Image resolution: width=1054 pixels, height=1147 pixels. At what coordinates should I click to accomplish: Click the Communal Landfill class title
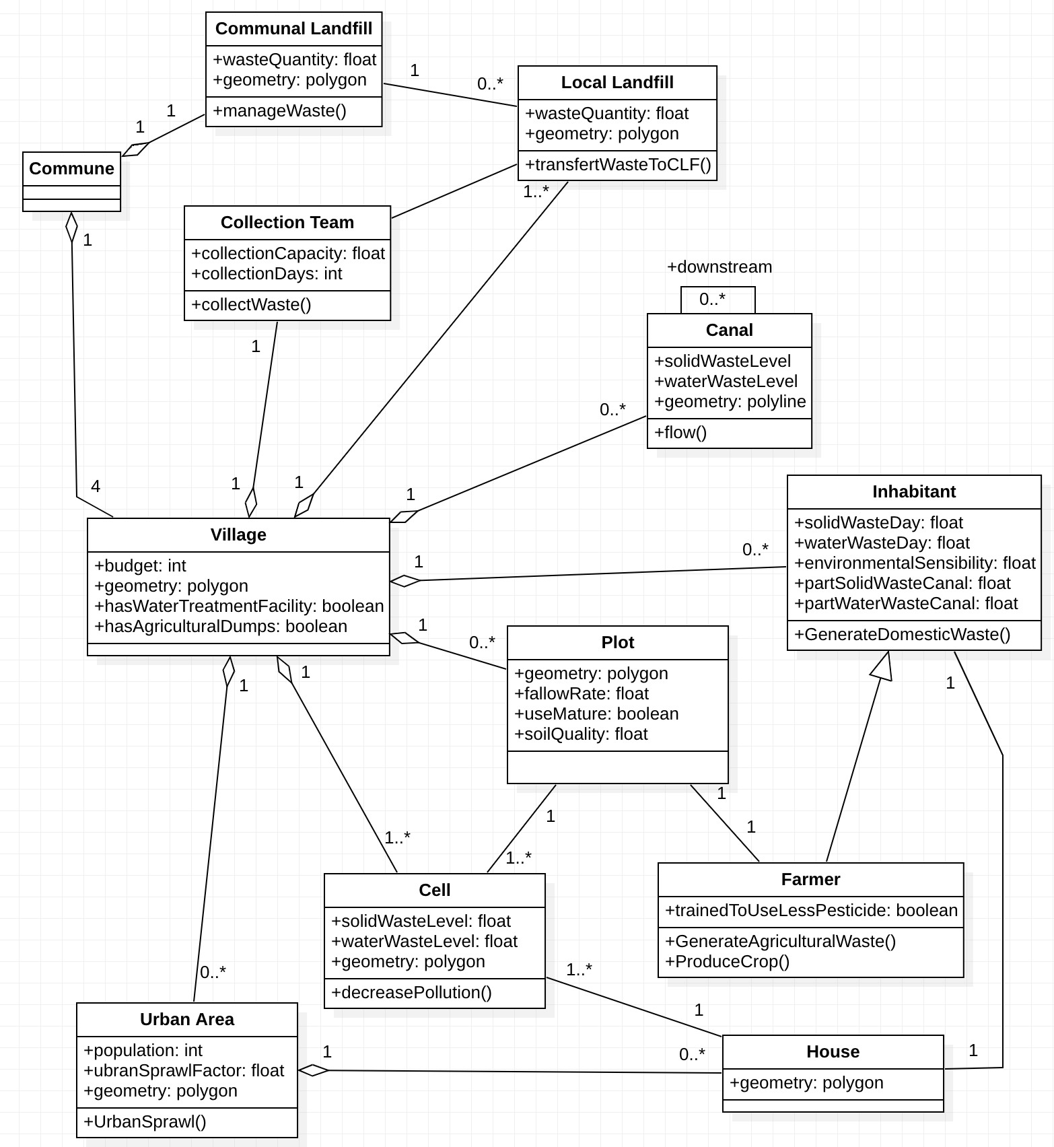pyautogui.click(x=293, y=29)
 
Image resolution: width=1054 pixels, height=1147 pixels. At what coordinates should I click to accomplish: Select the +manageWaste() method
pyautogui.click(x=279, y=111)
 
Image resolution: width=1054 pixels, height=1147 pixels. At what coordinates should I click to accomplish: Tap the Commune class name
pyautogui.click(x=71, y=169)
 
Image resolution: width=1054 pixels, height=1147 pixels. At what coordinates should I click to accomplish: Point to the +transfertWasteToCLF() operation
pyautogui.click(x=618, y=165)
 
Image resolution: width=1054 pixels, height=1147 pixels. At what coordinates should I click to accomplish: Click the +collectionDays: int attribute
pyautogui.click(x=267, y=274)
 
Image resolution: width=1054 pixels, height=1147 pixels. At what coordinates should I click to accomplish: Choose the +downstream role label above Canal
pyautogui.click(x=719, y=267)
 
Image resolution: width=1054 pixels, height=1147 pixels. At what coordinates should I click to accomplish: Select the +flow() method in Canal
pyautogui.click(x=680, y=433)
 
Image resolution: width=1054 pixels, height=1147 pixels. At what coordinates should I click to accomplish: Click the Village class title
pyautogui.click(x=238, y=535)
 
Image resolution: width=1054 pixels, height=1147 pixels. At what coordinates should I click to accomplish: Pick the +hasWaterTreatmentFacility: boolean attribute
pyautogui.click(x=239, y=606)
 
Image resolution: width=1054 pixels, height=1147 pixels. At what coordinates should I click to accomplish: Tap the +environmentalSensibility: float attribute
pyautogui.click(x=915, y=563)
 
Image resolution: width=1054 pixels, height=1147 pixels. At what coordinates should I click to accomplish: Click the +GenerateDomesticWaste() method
pyautogui.click(x=902, y=635)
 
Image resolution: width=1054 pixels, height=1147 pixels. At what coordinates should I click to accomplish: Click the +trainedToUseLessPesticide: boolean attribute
pyautogui.click(x=811, y=911)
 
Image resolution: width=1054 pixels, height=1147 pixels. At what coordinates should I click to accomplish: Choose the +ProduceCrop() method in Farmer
pyautogui.click(x=727, y=962)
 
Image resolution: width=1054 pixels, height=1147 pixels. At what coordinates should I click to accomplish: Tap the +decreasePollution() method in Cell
pyautogui.click(x=411, y=993)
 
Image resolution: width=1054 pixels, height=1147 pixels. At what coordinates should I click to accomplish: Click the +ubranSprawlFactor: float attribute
pyautogui.click(x=184, y=1071)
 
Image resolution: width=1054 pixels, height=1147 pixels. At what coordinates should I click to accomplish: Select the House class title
pyautogui.click(x=833, y=1052)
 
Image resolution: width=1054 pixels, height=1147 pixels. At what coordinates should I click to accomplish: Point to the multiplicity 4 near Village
pyautogui.click(x=96, y=487)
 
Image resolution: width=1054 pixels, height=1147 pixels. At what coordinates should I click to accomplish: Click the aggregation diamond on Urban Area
pyautogui.click(x=314, y=1070)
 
